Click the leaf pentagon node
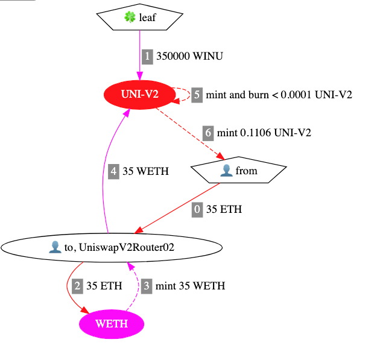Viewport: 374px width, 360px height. tap(140, 17)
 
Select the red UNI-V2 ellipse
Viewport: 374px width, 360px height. tap(139, 95)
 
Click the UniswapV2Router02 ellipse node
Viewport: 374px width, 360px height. tap(112, 247)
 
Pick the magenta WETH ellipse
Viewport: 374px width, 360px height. tap(112, 324)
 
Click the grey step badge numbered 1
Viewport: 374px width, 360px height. tap(148, 56)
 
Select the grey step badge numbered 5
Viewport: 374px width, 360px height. tap(197, 95)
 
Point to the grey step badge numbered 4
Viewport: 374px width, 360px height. tap(115, 171)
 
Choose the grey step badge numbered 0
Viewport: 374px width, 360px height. tap(197, 210)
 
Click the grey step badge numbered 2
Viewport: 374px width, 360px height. tap(77, 286)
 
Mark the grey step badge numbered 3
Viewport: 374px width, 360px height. tap(147, 286)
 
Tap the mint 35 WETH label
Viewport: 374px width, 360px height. tap(190, 286)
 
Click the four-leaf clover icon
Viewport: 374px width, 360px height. tap(130, 17)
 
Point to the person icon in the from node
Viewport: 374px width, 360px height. tap(226, 171)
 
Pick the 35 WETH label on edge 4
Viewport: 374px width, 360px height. tap(145, 171)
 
